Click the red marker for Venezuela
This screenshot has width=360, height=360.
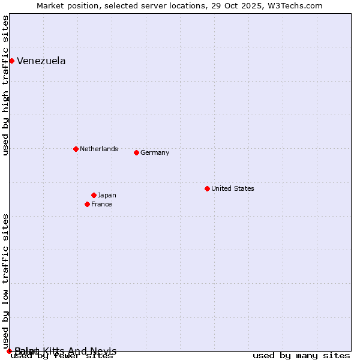pyautogui.click(x=11, y=61)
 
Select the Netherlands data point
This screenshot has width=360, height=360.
pyautogui.click(x=76, y=149)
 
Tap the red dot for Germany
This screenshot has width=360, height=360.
pyautogui.click(x=136, y=152)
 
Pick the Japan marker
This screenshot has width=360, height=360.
pyautogui.click(x=94, y=195)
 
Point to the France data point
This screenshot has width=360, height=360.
pyautogui.click(x=87, y=204)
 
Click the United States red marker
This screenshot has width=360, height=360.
pyautogui.click(x=207, y=188)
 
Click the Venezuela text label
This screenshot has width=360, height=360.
pyautogui.click(x=41, y=61)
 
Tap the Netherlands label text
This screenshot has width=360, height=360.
pyautogui.click(x=99, y=149)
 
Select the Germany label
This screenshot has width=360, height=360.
pyautogui.click(x=155, y=152)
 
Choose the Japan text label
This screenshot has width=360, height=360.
pyautogui.click(x=107, y=195)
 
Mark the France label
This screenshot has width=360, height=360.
pyautogui.click(x=101, y=204)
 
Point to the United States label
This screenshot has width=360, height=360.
pyautogui.click(x=233, y=188)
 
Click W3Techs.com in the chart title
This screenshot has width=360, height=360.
pyautogui.click(x=295, y=5)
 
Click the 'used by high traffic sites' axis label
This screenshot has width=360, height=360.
pyautogui.click(x=5, y=85)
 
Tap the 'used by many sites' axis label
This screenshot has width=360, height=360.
pyautogui.click(x=301, y=356)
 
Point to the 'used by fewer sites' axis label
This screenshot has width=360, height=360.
pyautogui.click(x=62, y=356)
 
